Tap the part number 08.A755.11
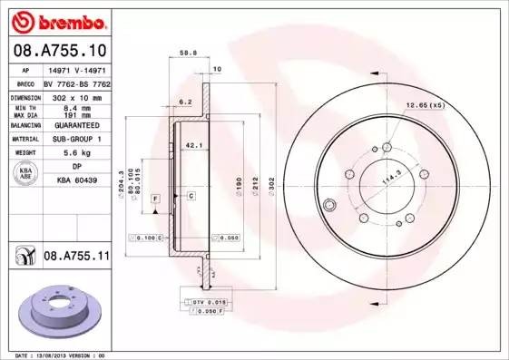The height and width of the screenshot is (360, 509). [x=76, y=257]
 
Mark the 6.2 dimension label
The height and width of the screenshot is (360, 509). [x=184, y=102]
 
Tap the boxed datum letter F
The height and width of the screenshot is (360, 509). [x=155, y=197]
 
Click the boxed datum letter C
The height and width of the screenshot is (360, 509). [x=191, y=196]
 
